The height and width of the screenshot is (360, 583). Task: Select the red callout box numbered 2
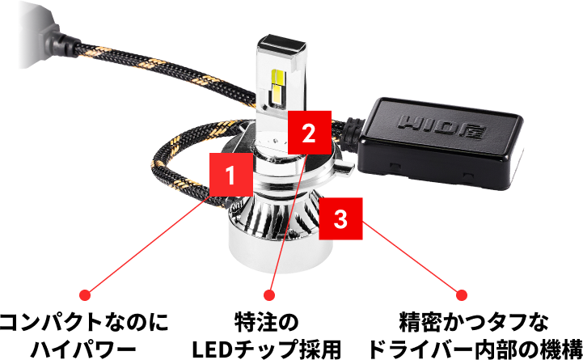pos(307,132)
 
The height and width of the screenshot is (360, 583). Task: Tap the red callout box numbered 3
pos(340,219)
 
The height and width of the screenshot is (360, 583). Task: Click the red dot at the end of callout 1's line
pos(85,295)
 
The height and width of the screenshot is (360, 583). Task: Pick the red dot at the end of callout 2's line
pos(269,295)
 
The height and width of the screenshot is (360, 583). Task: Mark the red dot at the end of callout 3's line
pos(462,295)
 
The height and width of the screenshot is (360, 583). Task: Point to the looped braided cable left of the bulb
pos(174,170)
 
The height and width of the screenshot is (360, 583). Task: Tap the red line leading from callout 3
pos(412,259)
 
